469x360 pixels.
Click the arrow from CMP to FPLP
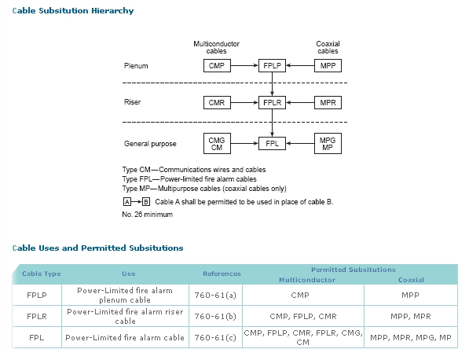[x=244, y=65]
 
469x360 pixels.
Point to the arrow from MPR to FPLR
[x=300, y=102]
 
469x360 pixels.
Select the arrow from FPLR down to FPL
[x=272, y=123]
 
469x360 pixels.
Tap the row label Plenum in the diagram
[x=136, y=66]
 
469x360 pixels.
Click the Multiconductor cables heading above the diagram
[x=216, y=47]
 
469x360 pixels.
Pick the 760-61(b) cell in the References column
[x=215, y=316]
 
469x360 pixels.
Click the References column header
[x=222, y=274]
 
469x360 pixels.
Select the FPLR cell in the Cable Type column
[x=37, y=316]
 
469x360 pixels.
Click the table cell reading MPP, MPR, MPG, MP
[x=411, y=337]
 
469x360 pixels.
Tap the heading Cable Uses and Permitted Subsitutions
[x=98, y=248]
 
